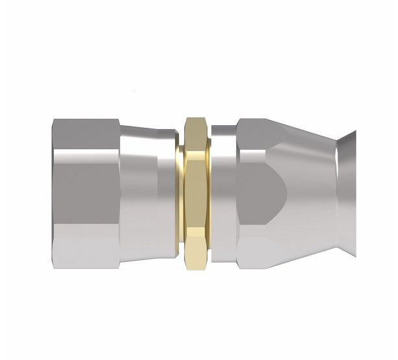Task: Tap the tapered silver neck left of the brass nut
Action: (x=148, y=193)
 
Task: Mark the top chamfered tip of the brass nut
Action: (x=193, y=120)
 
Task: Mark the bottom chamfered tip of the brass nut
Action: (x=193, y=266)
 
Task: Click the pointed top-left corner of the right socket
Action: (x=240, y=119)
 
